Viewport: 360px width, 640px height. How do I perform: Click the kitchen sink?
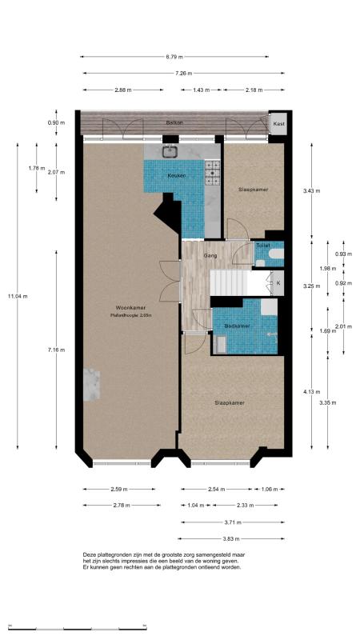click(170, 150)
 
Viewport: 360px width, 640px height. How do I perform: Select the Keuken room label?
click(176, 175)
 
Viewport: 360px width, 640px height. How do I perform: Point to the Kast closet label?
click(278, 124)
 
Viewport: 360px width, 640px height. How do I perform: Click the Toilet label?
click(263, 245)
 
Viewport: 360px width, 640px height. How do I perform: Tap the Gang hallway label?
click(211, 255)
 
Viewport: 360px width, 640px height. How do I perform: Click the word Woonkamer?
click(129, 308)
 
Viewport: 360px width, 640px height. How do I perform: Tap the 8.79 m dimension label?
click(174, 57)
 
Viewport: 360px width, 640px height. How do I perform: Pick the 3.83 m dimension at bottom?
click(232, 538)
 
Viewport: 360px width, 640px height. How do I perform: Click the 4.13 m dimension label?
click(311, 391)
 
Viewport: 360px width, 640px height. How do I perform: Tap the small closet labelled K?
click(278, 282)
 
